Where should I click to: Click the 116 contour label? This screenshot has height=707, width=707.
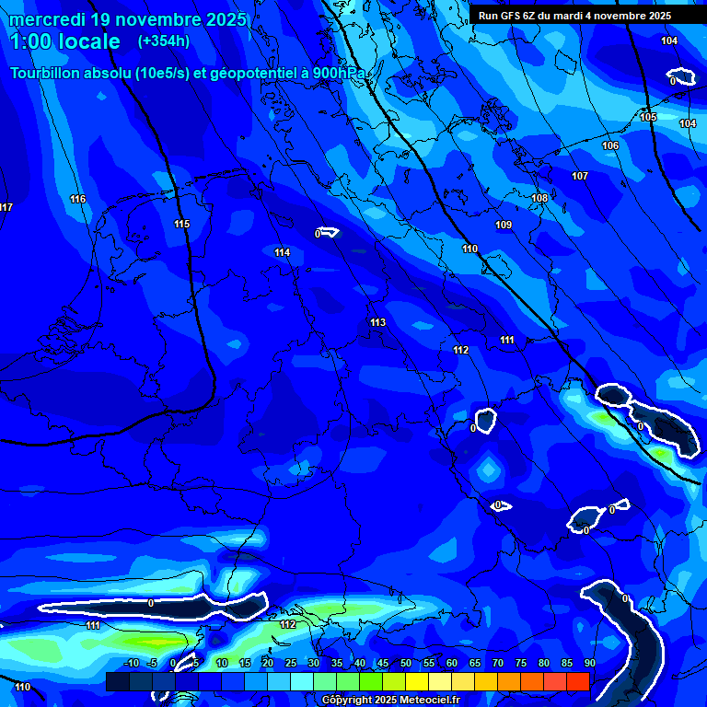click(77, 199)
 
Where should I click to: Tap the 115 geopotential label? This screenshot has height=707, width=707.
click(181, 224)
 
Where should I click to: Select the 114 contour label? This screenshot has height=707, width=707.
click(282, 252)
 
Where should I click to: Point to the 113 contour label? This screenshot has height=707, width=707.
click(377, 322)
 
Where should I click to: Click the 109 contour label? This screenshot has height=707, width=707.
click(504, 225)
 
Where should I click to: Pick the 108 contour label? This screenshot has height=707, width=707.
click(539, 198)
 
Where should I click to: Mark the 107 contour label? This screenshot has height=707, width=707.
click(579, 176)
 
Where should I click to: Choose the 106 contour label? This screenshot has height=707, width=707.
click(610, 145)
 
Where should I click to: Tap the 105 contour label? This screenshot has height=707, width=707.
click(648, 117)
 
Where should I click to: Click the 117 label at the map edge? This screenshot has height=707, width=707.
click(6, 207)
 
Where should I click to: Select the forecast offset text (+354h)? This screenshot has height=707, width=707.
click(164, 41)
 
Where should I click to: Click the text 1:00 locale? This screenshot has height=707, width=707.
click(64, 41)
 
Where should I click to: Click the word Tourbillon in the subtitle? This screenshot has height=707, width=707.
click(45, 74)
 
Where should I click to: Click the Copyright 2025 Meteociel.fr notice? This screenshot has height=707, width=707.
click(390, 700)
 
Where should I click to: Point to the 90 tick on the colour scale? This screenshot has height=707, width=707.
click(589, 663)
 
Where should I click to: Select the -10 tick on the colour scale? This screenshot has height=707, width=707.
click(131, 663)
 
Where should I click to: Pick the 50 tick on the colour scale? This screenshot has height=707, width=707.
click(406, 663)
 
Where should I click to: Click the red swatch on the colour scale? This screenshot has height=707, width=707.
click(578, 681)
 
